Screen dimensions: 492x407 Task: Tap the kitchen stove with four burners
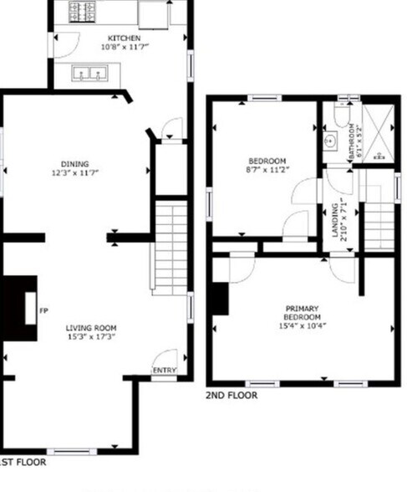point(83,11)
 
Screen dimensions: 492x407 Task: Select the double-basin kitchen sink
point(91,74)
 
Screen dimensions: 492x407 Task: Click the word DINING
point(74,164)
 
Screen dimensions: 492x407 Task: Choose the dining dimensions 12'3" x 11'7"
point(74,173)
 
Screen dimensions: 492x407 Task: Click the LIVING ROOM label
point(92,328)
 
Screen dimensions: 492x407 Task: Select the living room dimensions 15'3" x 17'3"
point(92,337)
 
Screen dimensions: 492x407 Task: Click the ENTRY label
point(163,369)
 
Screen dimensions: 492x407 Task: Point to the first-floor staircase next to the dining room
point(170,247)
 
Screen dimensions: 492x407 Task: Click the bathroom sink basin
point(330,141)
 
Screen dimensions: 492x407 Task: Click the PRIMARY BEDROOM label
point(303,313)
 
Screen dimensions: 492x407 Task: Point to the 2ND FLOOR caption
point(231,395)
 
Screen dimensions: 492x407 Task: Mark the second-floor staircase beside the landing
point(380,220)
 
